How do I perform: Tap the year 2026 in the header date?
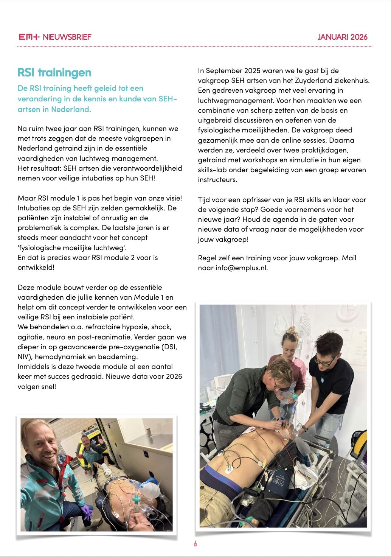[359, 37]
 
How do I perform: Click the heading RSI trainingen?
[54, 72]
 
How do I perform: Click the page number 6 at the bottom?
[195, 544]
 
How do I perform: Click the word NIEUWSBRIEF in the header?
[67, 37]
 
